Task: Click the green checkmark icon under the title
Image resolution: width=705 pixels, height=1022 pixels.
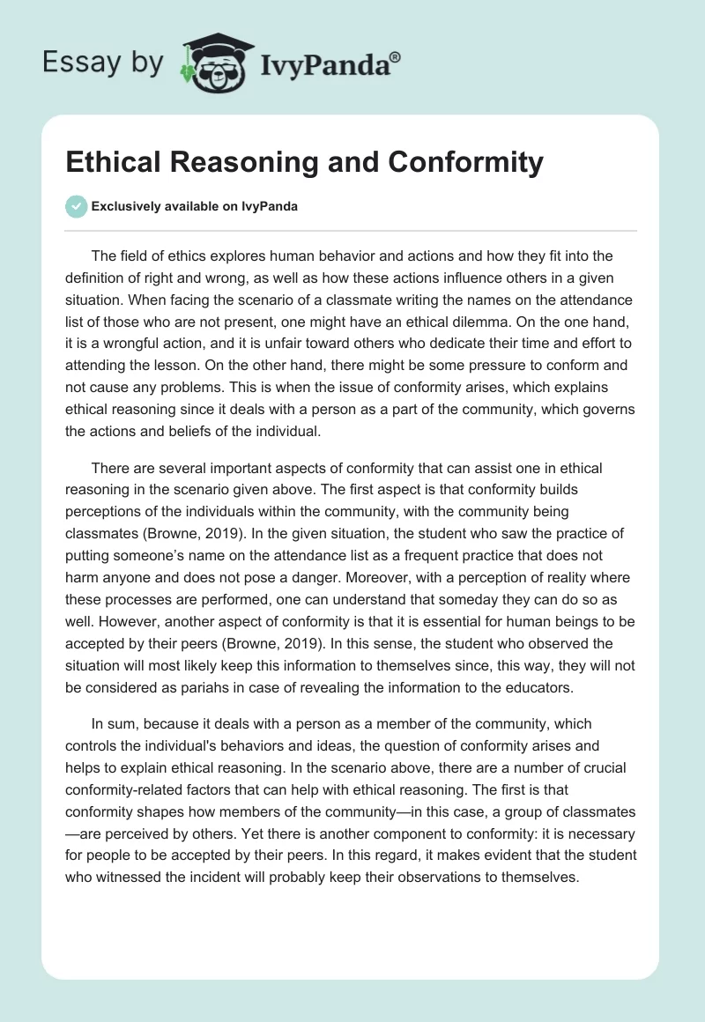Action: [76, 206]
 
